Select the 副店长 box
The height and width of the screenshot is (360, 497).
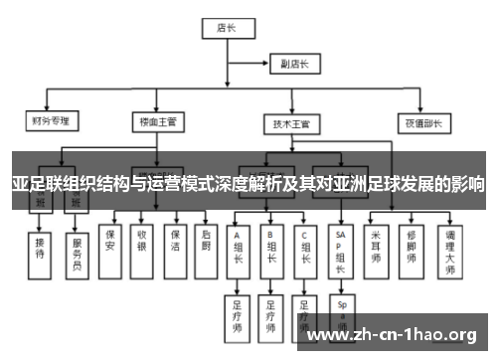click(294, 64)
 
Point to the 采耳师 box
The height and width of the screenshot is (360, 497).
click(376, 244)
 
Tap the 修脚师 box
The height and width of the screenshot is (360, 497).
click(412, 244)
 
